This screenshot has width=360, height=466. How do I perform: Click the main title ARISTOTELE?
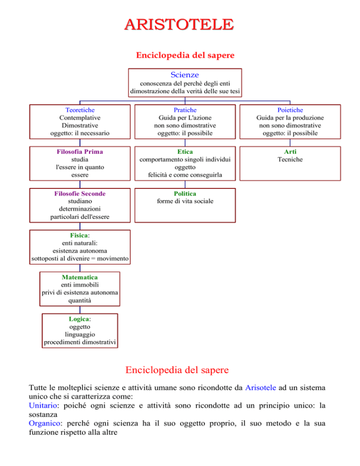point(179,24)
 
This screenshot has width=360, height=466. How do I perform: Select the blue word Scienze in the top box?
point(185,75)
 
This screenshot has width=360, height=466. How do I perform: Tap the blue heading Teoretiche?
point(80,110)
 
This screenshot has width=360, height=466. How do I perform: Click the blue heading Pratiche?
point(185,110)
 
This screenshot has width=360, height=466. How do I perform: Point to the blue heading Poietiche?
point(290,110)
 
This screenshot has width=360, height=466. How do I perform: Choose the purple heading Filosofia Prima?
point(80,151)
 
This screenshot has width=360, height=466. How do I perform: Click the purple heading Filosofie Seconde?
point(80,194)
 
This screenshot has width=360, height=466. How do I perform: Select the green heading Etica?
point(185,151)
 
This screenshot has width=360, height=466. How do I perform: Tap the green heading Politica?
point(185,194)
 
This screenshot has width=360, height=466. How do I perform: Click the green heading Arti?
point(290,151)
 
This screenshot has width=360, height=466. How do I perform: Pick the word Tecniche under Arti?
point(290,159)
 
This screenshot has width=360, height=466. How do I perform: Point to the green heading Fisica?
point(79,235)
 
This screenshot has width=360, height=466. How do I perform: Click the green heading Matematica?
point(80,277)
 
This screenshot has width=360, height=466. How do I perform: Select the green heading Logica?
point(79,319)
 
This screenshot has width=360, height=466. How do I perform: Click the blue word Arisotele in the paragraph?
point(261,388)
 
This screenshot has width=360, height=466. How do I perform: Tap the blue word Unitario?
point(43,406)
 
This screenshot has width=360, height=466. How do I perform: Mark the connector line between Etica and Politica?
point(185,184)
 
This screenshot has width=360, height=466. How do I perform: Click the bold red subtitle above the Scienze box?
point(185,55)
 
